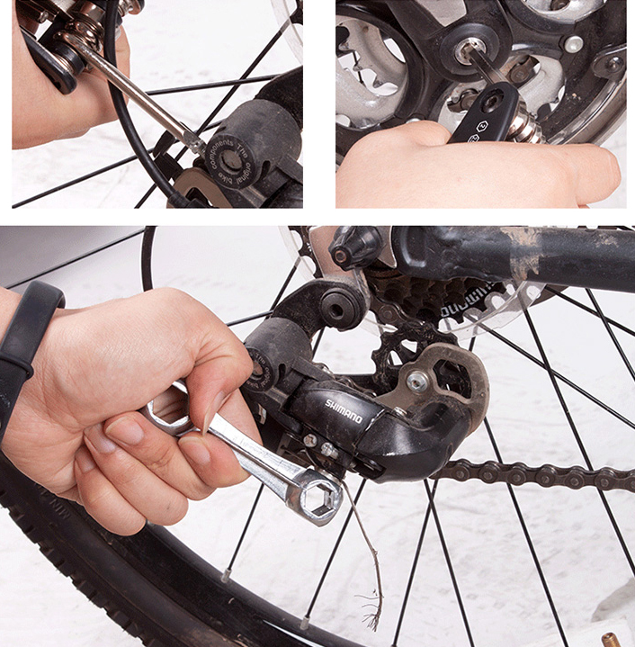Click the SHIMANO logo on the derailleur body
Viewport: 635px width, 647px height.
(x=344, y=410)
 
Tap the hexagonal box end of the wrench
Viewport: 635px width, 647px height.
(x=319, y=495)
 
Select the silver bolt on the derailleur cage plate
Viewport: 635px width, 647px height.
(x=416, y=382)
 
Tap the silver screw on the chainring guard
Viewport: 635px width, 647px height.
(x=572, y=43)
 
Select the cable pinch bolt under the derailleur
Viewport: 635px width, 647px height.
(x=310, y=440)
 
